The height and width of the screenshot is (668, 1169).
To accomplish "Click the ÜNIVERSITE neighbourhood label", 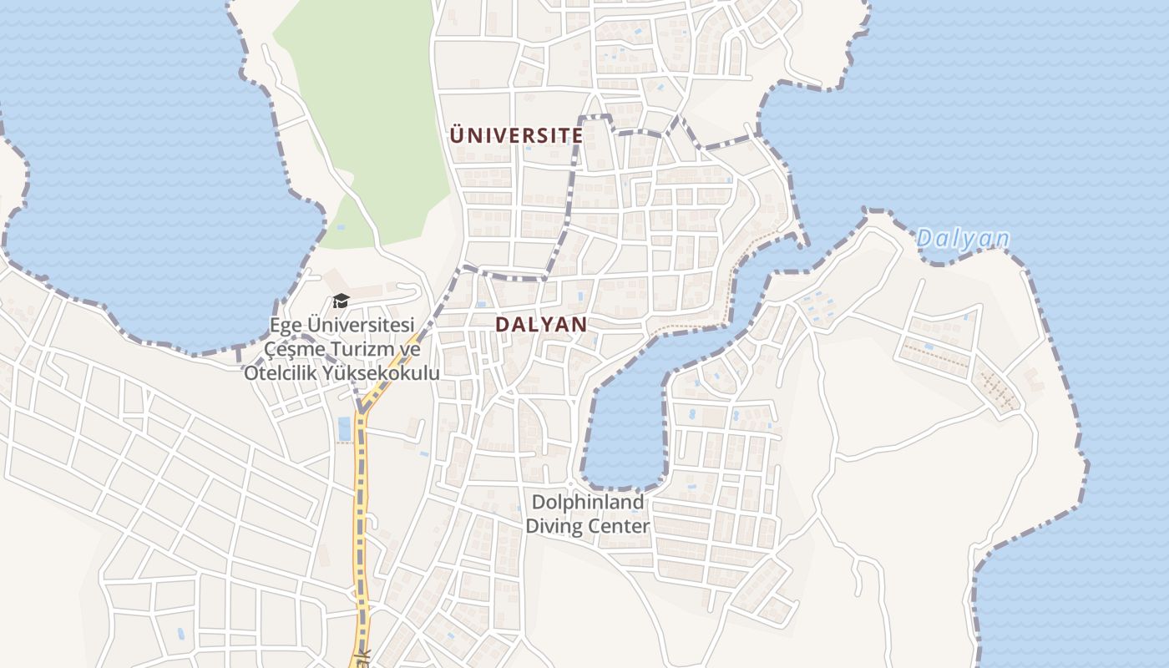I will pos(516,135).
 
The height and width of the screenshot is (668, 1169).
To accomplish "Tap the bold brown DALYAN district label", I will pos(541,325).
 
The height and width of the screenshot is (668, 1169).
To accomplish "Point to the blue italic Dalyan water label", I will pos(963,239).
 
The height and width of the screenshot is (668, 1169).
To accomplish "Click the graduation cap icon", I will pos(341,301).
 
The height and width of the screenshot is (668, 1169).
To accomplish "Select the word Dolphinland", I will pos(588,503).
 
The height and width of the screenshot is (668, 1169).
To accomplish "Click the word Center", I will pos(619,527).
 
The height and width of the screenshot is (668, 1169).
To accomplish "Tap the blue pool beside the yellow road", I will pos(344,428).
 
